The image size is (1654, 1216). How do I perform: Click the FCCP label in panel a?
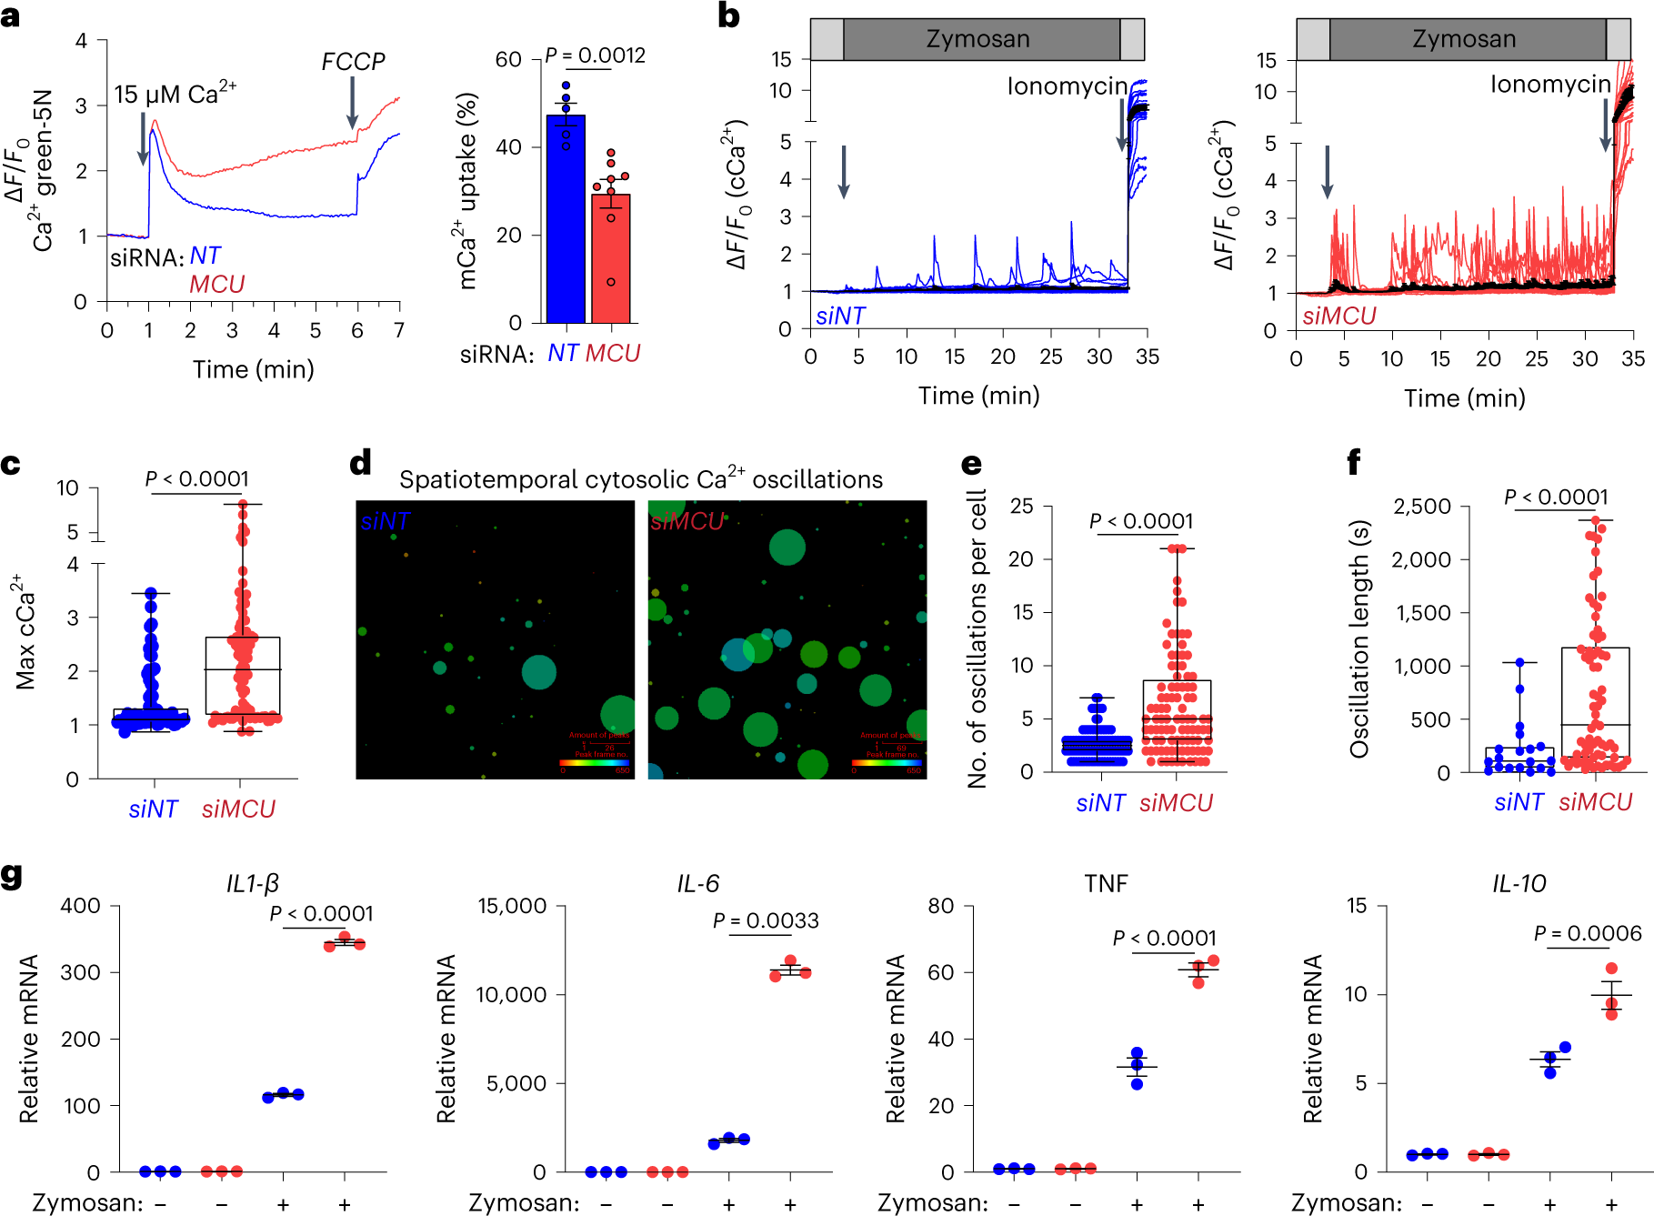[353, 62]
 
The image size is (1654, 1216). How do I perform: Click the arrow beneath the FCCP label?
[353, 102]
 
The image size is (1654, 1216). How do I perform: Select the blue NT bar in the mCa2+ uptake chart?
[566, 218]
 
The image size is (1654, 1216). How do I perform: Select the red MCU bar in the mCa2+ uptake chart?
[610, 259]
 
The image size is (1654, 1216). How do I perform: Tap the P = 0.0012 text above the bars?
[595, 55]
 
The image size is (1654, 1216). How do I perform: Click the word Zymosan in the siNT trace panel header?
[977, 39]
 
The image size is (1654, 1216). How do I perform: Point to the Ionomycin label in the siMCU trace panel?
[1550, 85]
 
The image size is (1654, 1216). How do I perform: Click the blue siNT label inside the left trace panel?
[840, 316]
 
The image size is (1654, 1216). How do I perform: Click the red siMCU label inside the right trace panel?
[1338, 316]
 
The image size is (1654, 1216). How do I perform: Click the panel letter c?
[11, 465]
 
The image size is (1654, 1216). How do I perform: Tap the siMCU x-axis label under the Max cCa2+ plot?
[238, 809]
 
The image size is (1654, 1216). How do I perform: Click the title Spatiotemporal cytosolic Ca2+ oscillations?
[641, 479]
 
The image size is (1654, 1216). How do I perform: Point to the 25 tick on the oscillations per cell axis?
[1022, 506]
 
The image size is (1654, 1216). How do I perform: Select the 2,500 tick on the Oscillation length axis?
[1422, 506]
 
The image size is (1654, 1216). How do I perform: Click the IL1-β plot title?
[253, 883]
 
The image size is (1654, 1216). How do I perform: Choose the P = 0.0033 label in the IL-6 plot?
[766, 920]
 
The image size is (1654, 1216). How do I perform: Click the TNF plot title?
[1106, 883]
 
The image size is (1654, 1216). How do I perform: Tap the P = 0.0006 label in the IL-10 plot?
[1588, 933]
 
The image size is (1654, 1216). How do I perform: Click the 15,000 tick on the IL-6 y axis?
[513, 906]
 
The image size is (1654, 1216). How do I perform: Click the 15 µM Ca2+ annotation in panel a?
[175, 94]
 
